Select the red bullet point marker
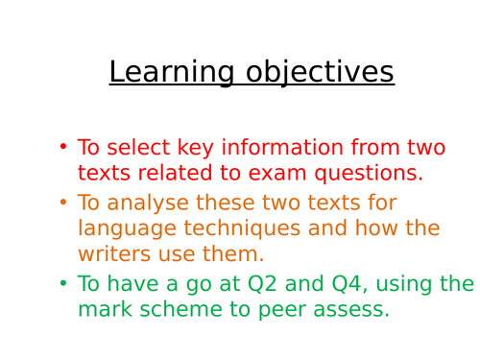pyautogui.click(x=63, y=147)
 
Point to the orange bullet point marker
pyautogui.click(x=63, y=203)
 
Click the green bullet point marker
pyautogui.click(x=63, y=284)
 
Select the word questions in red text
pyautogui.click(x=365, y=174)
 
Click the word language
pyautogui.click(x=124, y=229)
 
